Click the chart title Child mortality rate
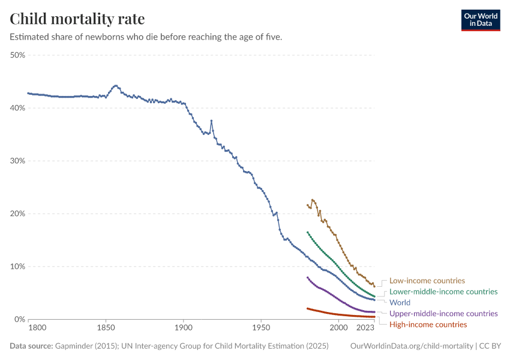pyautogui.click(x=77, y=19)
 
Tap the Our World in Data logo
pyautogui.click(x=481, y=20)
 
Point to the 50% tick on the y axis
pyautogui.click(x=17, y=55)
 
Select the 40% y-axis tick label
pyautogui.click(x=17, y=108)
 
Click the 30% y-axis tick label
pyautogui.click(x=17, y=161)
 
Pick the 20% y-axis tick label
pyautogui.click(x=17, y=214)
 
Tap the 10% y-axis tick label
pyautogui.click(x=17, y=266)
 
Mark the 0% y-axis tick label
pyautogui.click(x=19, y=319)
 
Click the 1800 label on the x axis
pyautogui.click(x=37, y=328)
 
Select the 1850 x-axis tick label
pyautogui.click(x=106, y=328)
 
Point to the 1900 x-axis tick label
pyautogui.click(x=183, y=328)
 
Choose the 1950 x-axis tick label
pyautogui.click(x=261, y=328)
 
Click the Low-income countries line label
pyautogui.click(x=427, y=280)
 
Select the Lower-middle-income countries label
pyautogui.click(x=443, y=292)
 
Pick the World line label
pyautogui.click(x=400, y=302)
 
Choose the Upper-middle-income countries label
pyautogui.click(x=443, y=313)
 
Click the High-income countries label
pyautogui.click(x=428, y=325)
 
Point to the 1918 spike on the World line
pyautogui.click(x=211, y=121)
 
